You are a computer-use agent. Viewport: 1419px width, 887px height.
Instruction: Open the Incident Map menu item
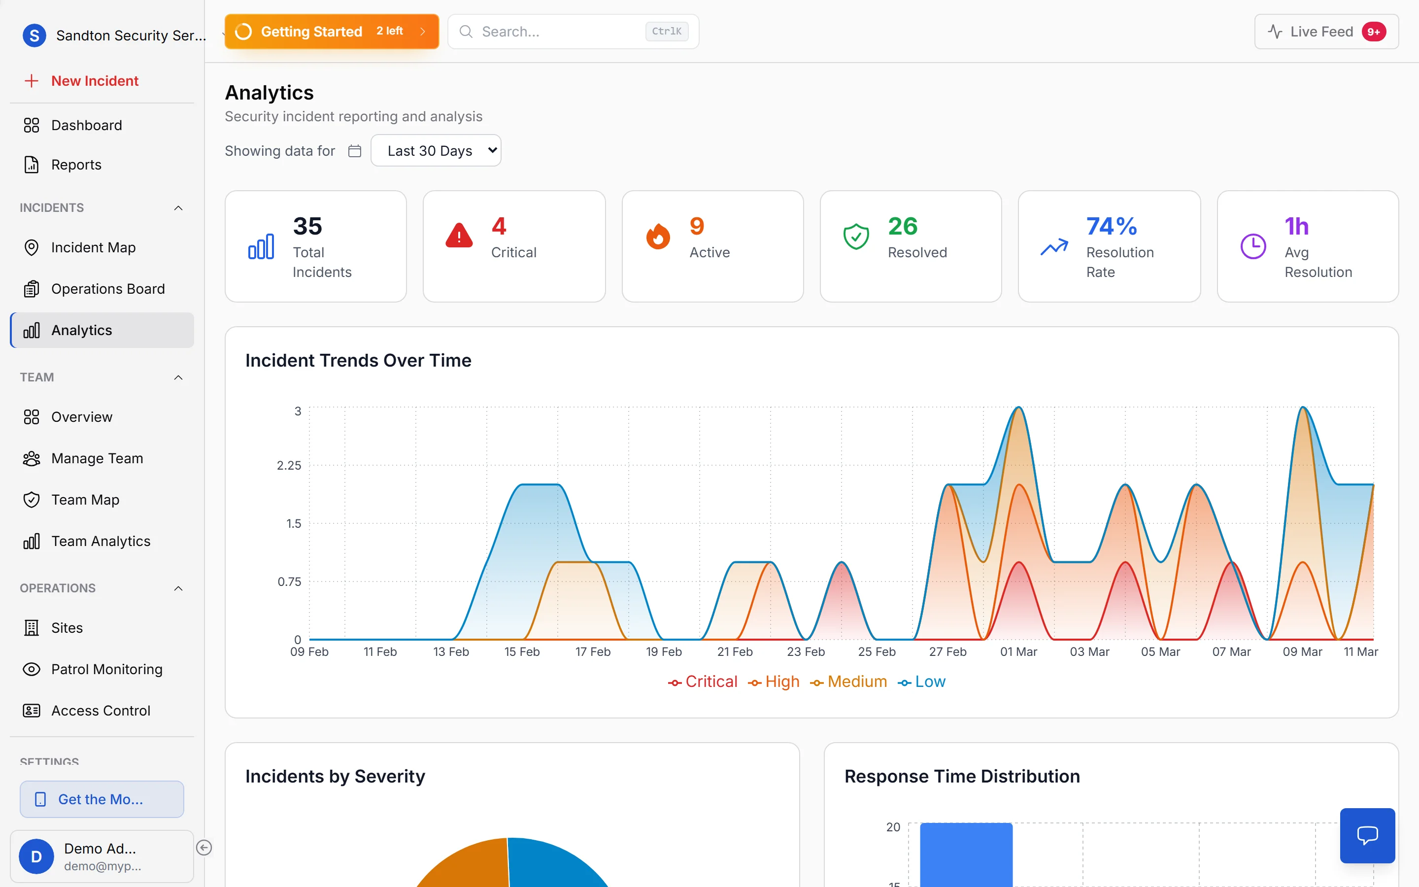[x=93, y=247]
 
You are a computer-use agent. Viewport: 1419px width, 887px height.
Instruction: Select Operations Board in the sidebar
[x=107, y=289]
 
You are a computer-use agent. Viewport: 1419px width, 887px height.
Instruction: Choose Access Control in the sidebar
[x=101, y=711]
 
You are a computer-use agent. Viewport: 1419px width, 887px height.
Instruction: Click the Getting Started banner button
[x=331, y=32]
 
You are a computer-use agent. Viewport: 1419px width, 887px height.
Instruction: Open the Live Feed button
[x=1326, y=32]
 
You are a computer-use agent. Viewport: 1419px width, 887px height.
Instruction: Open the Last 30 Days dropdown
[x=436, y=151]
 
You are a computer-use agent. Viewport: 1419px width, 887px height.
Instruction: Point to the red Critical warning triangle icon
[x=459, y=236]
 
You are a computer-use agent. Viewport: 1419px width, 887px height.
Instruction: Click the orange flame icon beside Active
[x=658, y=237]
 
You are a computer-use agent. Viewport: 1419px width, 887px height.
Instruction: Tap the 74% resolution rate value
[x=1111, y=227]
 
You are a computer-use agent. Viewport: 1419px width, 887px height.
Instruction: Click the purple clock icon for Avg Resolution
[x=1253, y=246]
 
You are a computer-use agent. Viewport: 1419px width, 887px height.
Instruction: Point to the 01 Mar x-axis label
[x=1018, y=652]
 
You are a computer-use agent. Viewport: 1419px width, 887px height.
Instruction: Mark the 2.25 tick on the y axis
[x=289, y=465]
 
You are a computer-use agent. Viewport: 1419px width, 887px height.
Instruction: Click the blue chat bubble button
[x=1367, y=835]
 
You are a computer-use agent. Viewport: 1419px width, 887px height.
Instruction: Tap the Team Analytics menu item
[x=101, y=541]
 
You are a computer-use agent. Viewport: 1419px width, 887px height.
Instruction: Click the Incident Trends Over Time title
[x=358, y=360]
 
